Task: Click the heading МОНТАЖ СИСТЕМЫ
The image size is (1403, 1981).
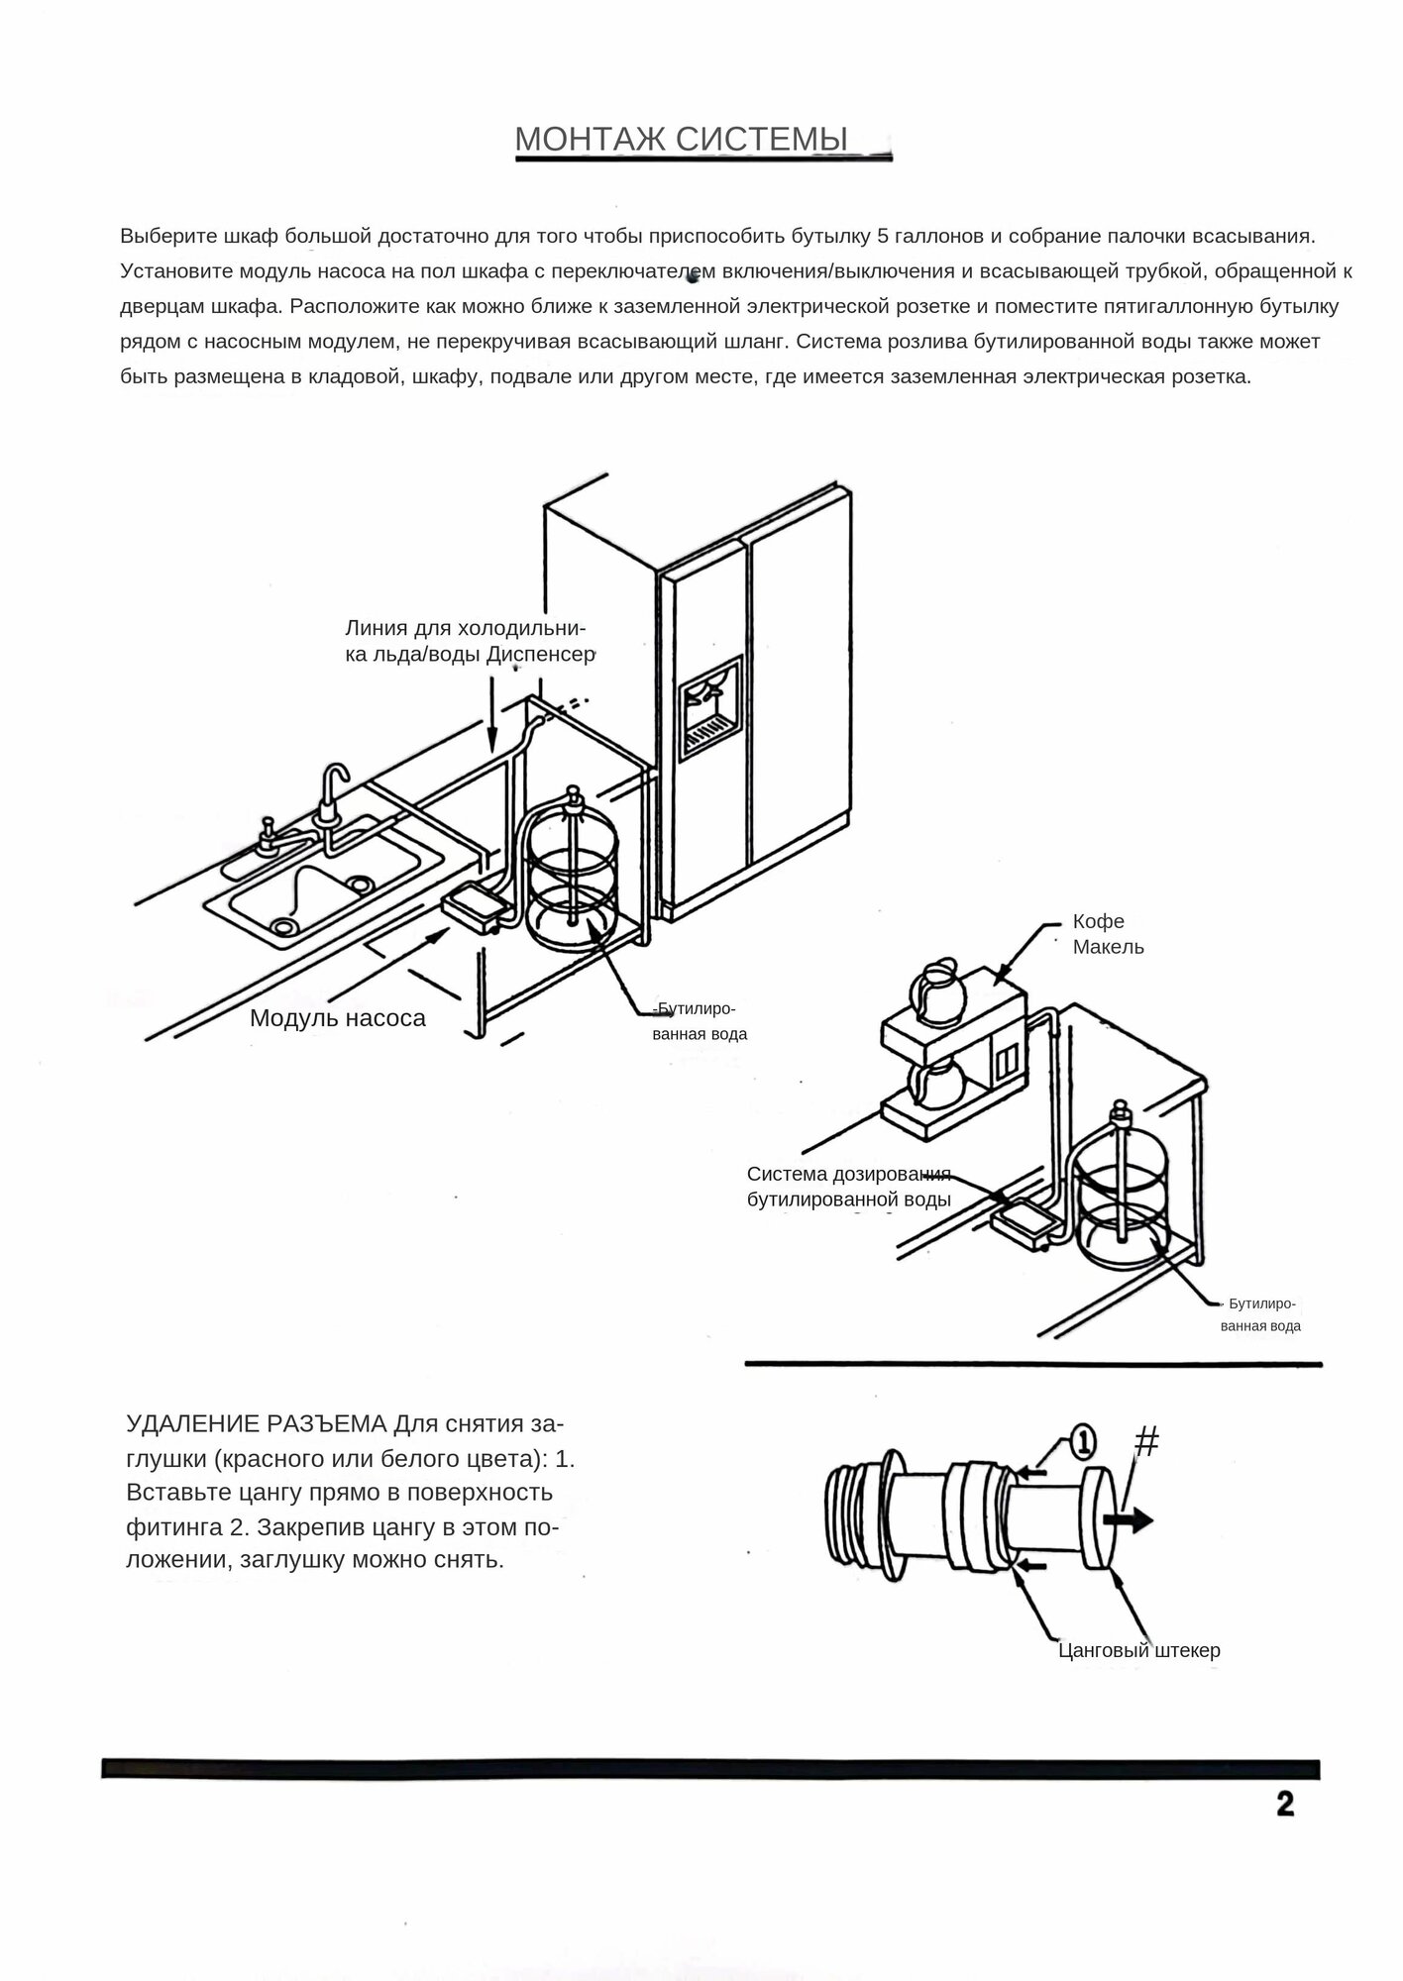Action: [682, 140]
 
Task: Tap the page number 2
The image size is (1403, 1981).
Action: [1284, 1803]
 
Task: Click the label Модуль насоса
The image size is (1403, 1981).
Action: [337, 1017]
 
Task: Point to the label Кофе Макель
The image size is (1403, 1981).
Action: [1108, 934]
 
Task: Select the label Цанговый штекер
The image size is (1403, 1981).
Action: [1138, 1650]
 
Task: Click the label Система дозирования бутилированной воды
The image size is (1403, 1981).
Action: [848, 1187]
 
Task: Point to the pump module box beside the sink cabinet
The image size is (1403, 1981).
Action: [475, 906]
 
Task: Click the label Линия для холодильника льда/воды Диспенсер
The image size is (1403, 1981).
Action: [469, 641]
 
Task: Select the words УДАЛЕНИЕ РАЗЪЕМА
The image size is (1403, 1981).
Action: [256, 1424]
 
